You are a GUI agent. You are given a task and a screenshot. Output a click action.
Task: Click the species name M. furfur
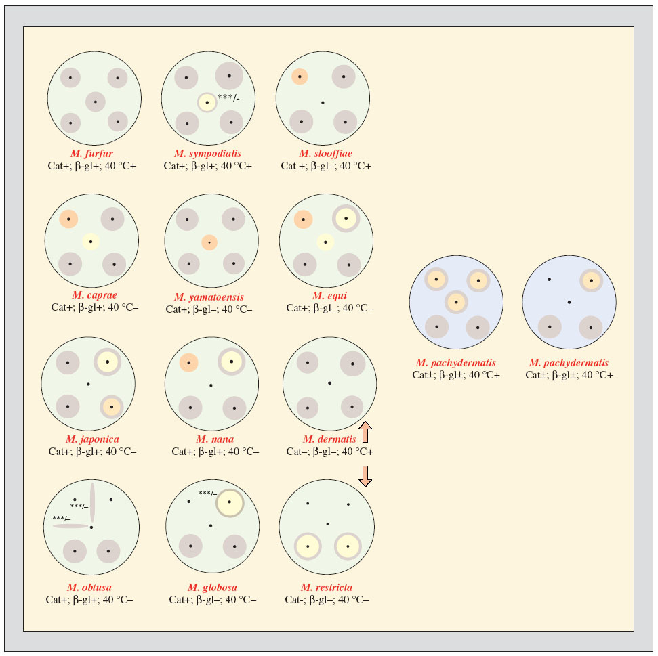tap(91, 154)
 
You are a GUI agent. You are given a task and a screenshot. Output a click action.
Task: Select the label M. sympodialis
tap(207, 154)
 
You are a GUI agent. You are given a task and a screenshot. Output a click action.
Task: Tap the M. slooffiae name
tap(325, 154)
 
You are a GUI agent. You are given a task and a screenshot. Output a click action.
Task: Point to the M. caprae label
tap(91, 295)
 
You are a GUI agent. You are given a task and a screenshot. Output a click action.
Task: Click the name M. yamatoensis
tap(209, 297)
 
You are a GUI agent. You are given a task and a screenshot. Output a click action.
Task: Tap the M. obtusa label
tap(89, 587)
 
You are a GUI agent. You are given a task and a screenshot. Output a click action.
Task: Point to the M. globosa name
tap(212, 587)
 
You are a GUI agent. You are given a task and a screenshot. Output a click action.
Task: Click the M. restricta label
tap(327, 587)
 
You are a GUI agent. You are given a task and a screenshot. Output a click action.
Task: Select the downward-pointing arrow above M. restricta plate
tap(365, 475)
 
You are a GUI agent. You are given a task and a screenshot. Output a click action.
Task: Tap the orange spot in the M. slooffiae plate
tap(300, 77)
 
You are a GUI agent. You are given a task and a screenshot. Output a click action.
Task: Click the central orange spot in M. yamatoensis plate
tap(209, 242)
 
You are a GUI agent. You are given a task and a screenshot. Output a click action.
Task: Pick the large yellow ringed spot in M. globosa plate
tap(230, 502)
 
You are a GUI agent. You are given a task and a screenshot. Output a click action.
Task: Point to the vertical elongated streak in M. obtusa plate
tap(92, 502)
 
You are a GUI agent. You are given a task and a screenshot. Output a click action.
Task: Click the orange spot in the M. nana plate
tap(188, 363)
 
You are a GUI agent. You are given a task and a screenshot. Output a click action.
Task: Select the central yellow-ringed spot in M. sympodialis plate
tap(207, 102)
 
